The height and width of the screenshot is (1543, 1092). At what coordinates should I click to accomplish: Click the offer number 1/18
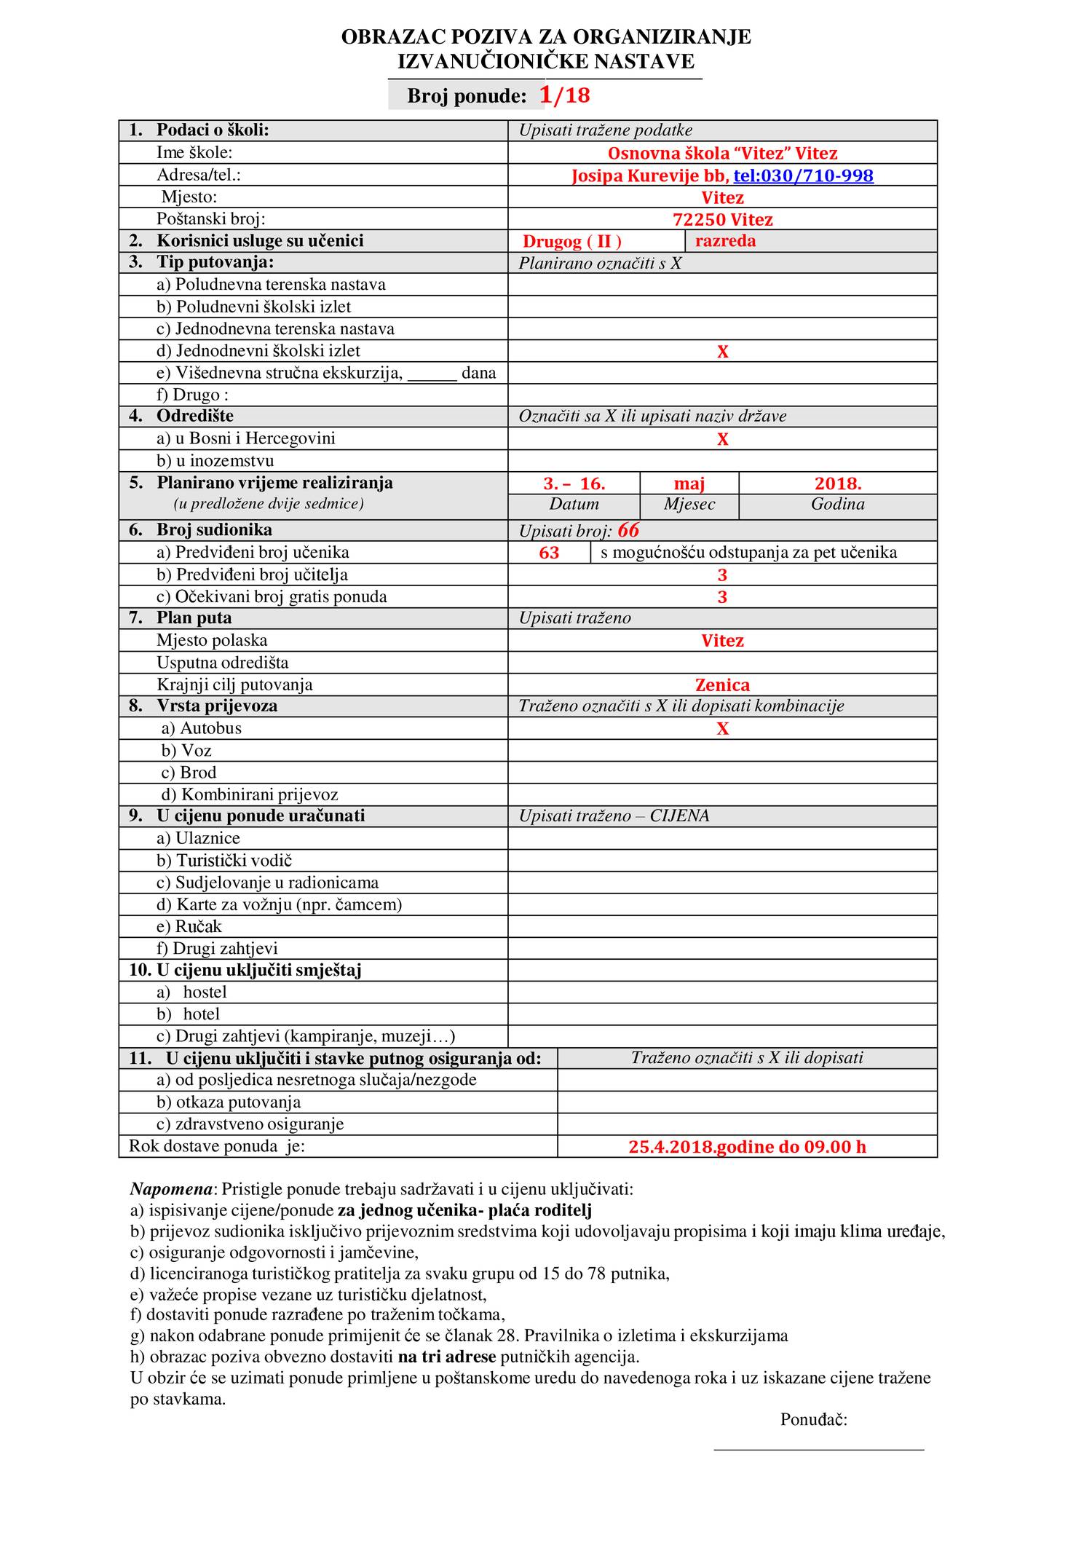pos(564,95)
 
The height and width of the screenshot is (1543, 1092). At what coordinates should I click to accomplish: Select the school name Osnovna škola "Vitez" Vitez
pos(722,154)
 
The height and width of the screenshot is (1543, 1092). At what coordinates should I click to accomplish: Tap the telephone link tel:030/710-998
pos(803,175)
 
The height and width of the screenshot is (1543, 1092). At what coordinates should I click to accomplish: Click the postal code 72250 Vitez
pos(722,220)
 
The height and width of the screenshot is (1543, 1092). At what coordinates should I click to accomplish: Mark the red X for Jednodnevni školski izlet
pos(722,352)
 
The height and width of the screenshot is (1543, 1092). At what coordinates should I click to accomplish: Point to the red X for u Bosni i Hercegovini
pos(722,440)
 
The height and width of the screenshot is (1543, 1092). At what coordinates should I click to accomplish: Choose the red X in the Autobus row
pos(722,730)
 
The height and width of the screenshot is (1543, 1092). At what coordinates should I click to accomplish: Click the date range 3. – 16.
pos(574,484)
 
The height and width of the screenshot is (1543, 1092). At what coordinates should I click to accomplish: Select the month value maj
pos(689,484)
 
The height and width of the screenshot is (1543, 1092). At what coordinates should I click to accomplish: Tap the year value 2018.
pos(838,484)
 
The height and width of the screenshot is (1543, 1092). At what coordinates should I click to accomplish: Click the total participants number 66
pos(628,531)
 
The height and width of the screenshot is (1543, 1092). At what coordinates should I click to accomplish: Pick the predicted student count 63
pos(549,553)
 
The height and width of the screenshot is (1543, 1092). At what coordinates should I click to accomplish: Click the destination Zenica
pos(722,685)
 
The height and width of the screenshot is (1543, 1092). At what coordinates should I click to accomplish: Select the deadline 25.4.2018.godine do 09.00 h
pos(747,1148)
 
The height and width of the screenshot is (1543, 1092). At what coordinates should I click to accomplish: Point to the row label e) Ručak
pos(189,927)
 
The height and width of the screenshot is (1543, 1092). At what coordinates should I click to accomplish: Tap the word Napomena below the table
pos(171,1190)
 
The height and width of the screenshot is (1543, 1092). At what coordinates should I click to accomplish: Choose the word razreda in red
pos(725,241)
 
